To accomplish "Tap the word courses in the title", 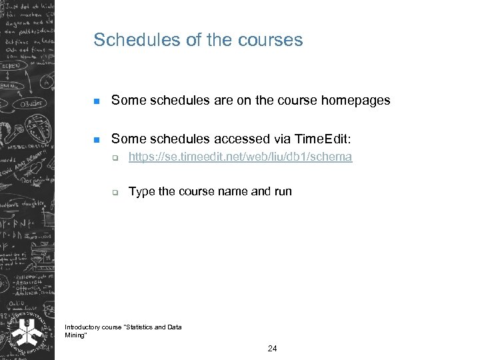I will click(270, 40).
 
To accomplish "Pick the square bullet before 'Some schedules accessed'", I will click(96, 140).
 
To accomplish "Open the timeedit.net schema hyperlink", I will click(240, 157).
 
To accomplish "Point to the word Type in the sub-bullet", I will click(141, 192).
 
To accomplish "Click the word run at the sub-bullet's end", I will click(283, 192).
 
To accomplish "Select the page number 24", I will click(272, 349).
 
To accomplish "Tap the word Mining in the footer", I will click(75, 335).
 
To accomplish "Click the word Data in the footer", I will click(174, 327).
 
